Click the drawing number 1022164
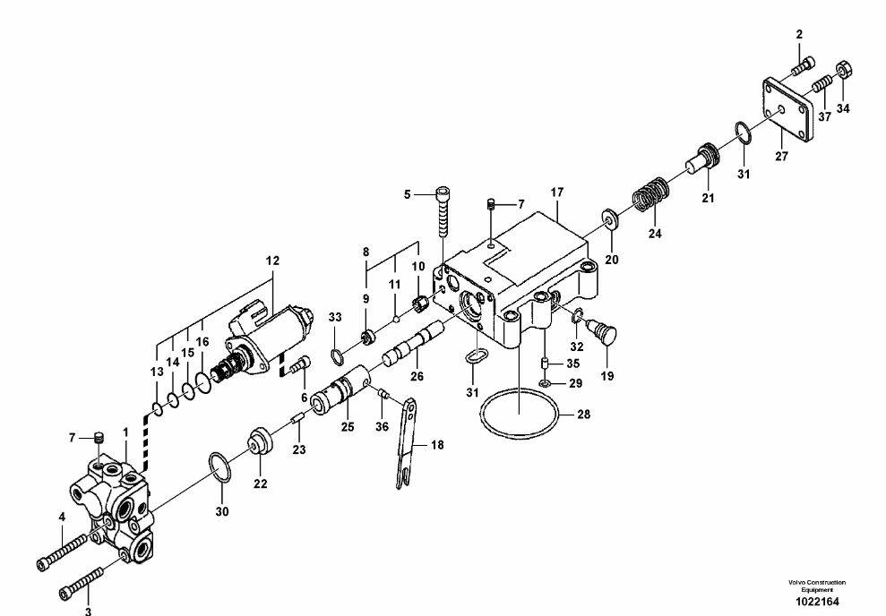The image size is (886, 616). pyautogui.click(x=817, y=602)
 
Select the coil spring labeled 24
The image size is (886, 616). pyautogui.click(x=650, y=194)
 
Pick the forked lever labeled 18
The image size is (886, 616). pyautogui.click(x=406, y=444)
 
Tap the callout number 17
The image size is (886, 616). pyautogui.click(x=557, y=192)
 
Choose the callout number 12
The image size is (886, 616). pyautogui.click(x=272, y=261)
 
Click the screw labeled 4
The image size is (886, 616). pyautogui.click(x=63, y=551)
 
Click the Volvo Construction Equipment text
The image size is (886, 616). pyautogui.click(x=817, y=586)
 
